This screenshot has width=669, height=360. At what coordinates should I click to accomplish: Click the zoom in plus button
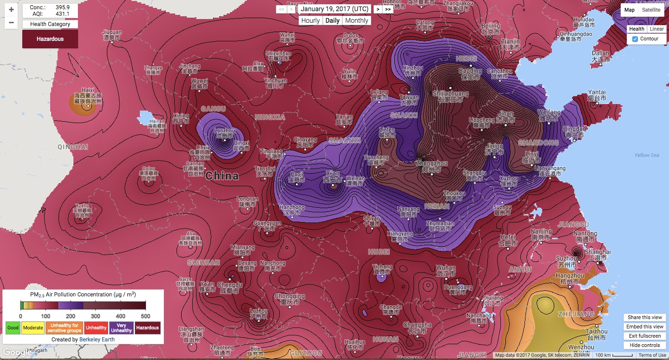(11, 9)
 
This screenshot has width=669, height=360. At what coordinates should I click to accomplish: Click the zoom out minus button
(11, 22)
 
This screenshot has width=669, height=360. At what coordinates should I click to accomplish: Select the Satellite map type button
(651, 10)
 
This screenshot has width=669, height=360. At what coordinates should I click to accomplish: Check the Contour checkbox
(635, 39)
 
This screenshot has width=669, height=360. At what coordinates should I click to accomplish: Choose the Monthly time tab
(356, 20)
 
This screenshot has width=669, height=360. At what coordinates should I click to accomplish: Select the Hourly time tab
(310, 20)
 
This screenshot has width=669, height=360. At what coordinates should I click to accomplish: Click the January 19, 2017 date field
(334, 9)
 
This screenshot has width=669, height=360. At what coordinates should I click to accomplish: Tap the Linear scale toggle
(656, 29)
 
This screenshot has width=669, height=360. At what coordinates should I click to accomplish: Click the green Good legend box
(13, 328)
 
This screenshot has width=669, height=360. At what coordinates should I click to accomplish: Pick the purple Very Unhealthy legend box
(121, 328)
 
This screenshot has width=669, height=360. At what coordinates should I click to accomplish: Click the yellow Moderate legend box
(33, 328)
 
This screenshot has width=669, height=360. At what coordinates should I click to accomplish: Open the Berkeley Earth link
(97, 340)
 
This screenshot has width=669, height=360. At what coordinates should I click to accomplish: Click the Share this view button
(645, 317)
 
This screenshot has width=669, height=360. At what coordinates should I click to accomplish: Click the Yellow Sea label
(647, 155)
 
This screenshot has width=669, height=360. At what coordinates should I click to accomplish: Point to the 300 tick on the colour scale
(96, 316)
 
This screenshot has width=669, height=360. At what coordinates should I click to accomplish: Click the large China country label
(222, 176)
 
